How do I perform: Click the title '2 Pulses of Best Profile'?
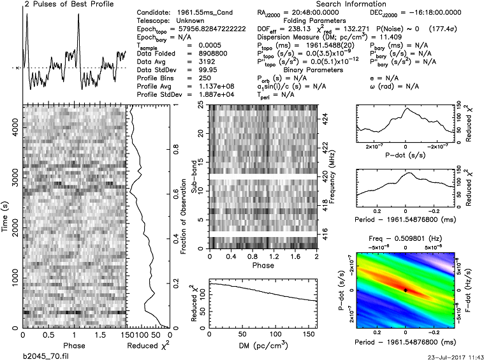[x=60, y=4]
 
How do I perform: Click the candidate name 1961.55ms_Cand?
[x=207, y=13]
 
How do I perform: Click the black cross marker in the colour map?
[x=406, y=290]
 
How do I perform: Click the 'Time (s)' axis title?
[x=5, y=216]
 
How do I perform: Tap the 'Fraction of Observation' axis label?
[x=182, y=216]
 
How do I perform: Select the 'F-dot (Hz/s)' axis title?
[x=478, y=289]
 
